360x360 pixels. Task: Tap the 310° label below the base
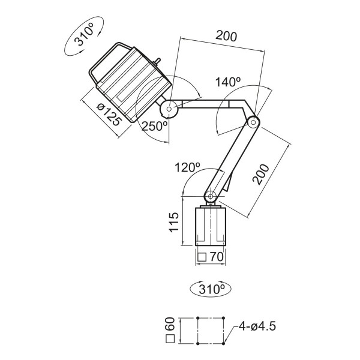[210, 289]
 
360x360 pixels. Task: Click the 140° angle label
[227, 83]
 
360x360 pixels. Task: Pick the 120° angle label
[185, 167]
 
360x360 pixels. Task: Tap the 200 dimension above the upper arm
[226, 37]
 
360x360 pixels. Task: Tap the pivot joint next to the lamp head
[169, 109]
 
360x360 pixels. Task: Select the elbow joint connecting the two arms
[253, 122]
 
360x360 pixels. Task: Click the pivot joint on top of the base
[211, 196]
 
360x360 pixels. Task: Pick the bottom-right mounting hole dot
[224, 344]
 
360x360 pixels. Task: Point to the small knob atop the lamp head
[158, 61]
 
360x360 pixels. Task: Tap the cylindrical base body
[211, 227]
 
